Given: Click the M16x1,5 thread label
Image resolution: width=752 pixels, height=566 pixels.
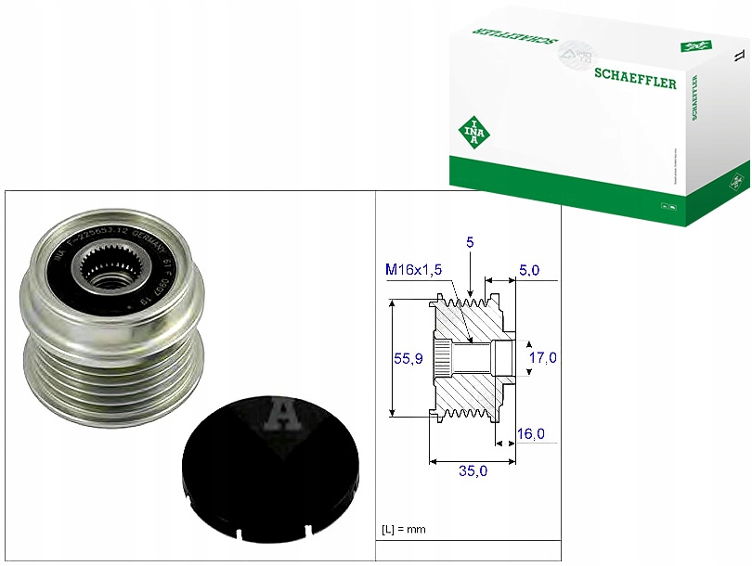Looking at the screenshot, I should (x=413, y=270).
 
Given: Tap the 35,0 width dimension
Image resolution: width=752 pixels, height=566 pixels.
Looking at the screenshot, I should (x=473, y=471).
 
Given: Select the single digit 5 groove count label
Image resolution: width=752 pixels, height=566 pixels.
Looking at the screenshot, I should (x=471, y=243).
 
